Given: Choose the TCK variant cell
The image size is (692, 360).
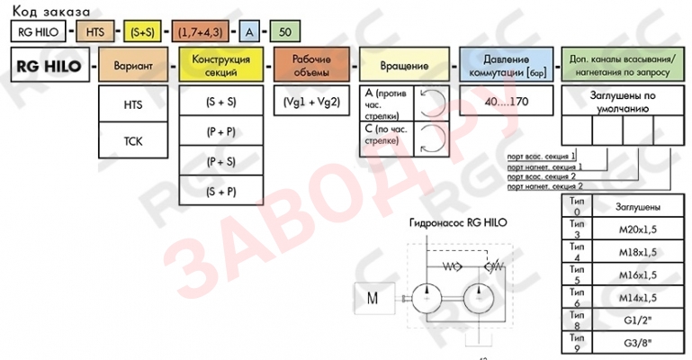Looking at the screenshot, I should (x=132, y=141).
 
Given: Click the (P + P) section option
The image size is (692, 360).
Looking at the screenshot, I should (x=220, y=131).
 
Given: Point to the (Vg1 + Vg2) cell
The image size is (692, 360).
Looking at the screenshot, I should (x=310, y=102).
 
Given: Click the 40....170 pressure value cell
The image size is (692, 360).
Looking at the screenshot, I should (x=506, y=102).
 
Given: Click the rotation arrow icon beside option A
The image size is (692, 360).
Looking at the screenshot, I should (x=431, y=101).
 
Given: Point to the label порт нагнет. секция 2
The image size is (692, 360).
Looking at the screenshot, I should (x=539, y=186).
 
